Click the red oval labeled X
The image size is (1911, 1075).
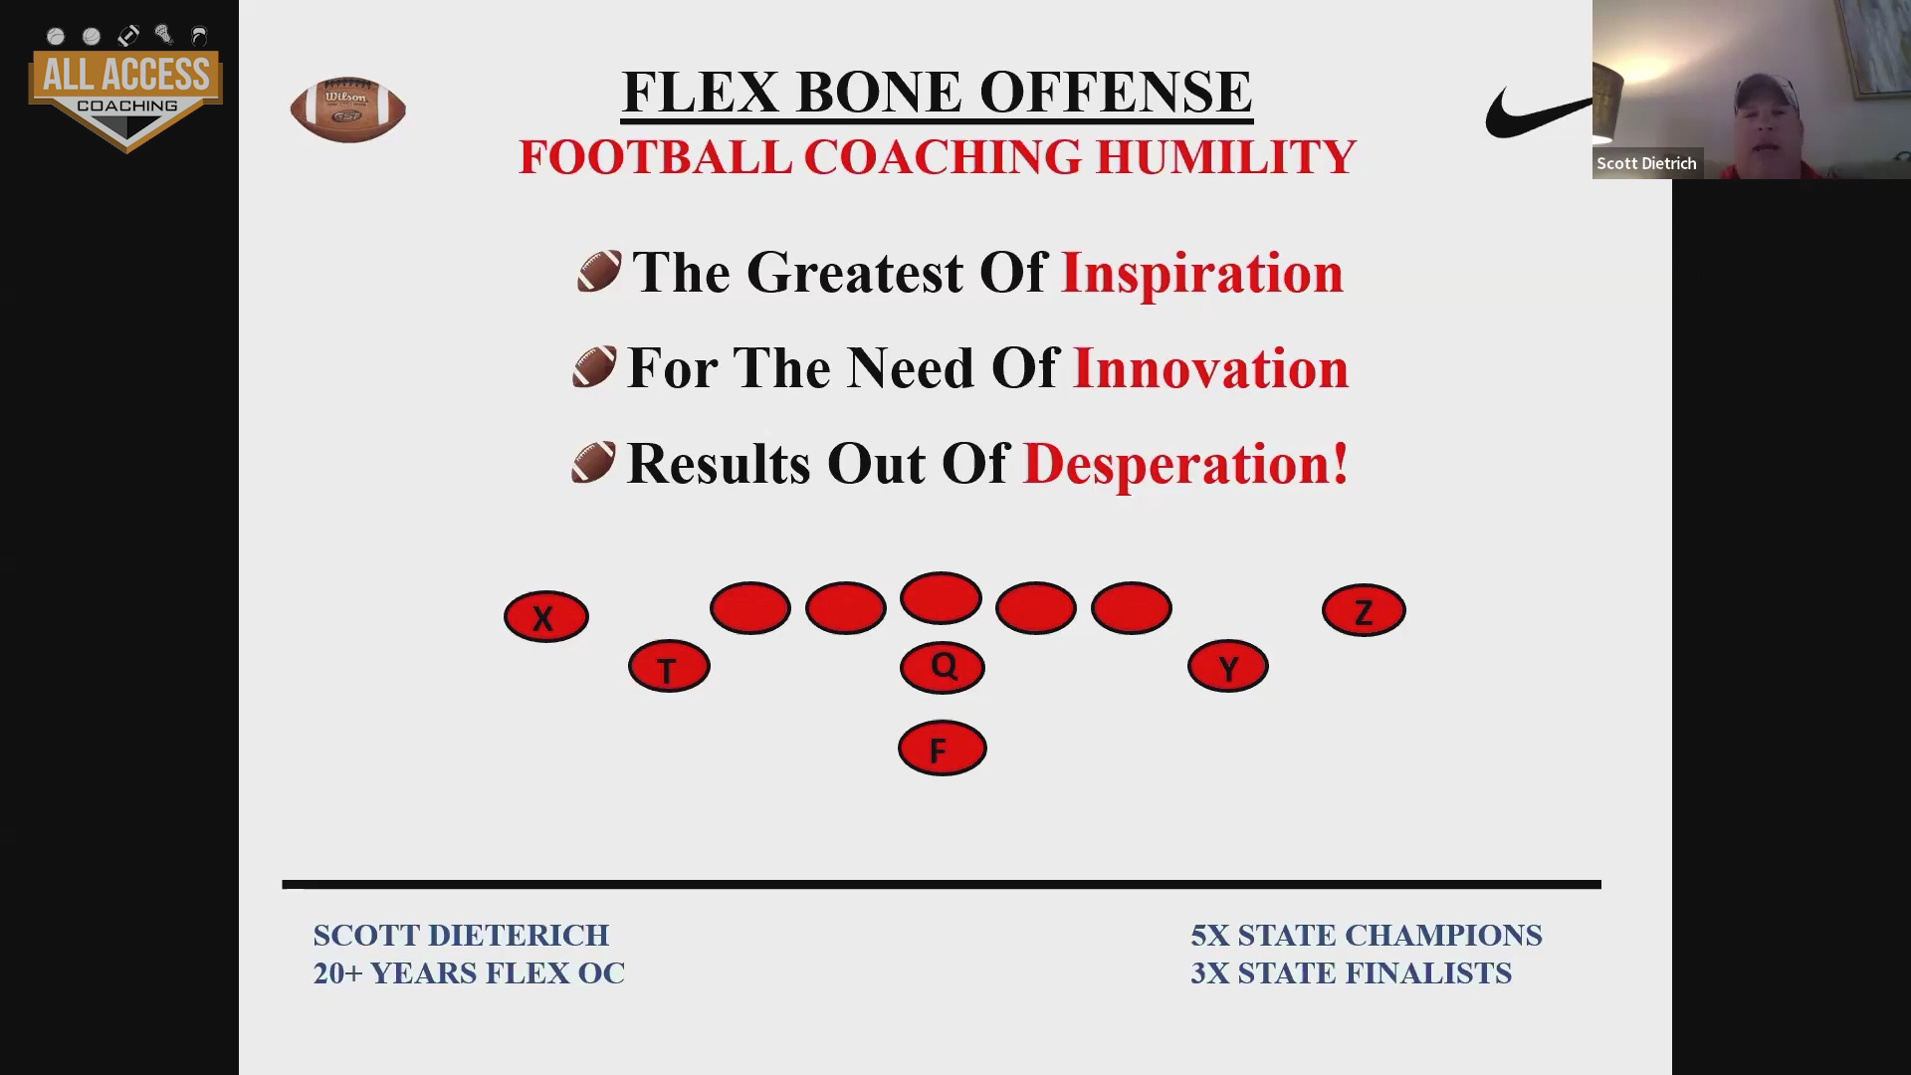tap(545, 616)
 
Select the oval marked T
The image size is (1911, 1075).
tap(669, 666)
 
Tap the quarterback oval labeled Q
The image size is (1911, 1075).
tap(942, 667)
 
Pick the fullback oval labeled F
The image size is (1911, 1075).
tap(942, 748)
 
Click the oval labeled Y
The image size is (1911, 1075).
tap(1227, 666)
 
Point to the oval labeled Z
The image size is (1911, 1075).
tap(1364, 610)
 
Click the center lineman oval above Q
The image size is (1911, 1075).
tap(941, 598)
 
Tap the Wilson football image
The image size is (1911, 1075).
tap(347, 108)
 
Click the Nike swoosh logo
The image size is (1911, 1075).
tap(1539, 111)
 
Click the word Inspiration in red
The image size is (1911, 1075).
tap(1202, 273)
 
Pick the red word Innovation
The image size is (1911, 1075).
tap(1210, 367)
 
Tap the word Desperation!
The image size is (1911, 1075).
tap(1185, 464)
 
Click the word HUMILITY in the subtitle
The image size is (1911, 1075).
tap(1225, 157)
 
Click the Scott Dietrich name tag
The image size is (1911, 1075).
tap(1647, 163)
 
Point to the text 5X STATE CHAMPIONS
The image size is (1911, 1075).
tap(1366, 936)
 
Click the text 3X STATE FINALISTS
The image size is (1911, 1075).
tap(1351, 972)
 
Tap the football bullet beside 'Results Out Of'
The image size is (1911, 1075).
tap(593, 463)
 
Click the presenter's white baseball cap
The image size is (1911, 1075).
tap(1767, 95)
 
